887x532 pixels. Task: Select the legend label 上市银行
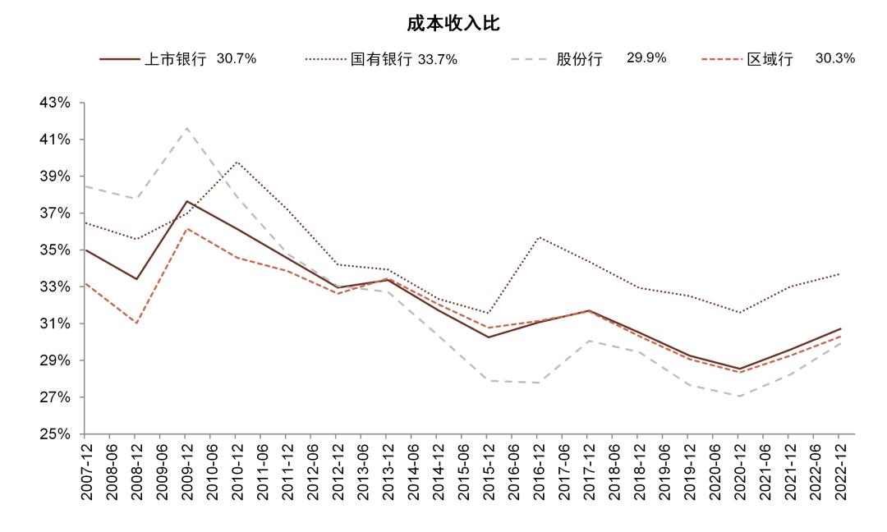pyautogui.click(x=175, y=59)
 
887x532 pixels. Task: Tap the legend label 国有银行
pyautogui.click(x=380, y=59)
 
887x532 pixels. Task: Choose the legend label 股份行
pyautogui.click(x=579, y=59)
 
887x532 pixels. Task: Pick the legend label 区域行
pyautogui.click(x=770, y=59)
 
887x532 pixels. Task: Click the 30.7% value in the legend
pyautogui.click(x=237, y=58)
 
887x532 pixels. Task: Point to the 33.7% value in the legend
pyautogui.click(x=437, y=59)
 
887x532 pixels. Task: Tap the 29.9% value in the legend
pyautogui.click(x=646, y=58)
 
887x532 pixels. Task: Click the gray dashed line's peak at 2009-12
pyautogui.click(x=186, y=128)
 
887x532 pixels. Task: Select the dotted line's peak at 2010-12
pyautogui.click(x=237, y=162)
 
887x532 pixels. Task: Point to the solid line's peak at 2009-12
pyautogui.click(x=186, y=201)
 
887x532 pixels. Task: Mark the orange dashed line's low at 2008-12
pyautogui.click(x=136, y=323)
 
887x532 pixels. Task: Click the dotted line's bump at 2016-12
pyautogui.click(x=538, y=237)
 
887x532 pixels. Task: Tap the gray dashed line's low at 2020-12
pyautogui.click(x=738, y=397)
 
